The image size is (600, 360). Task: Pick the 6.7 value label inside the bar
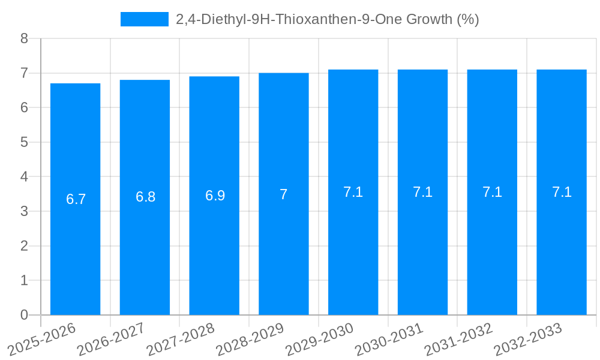coord(76,199)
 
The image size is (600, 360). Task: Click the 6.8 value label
coord(145,197)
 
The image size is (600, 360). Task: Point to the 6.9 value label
coord(215,195)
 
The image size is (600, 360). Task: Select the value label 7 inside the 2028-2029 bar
coord(284,194)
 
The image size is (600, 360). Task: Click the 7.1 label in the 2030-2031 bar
coord(422,192)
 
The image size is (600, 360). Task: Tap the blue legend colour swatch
coord(144,19)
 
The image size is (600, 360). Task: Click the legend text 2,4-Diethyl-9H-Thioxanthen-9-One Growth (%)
coord(327,19)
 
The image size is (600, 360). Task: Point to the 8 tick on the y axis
coord(24,38)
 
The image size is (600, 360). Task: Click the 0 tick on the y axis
coord(24,315)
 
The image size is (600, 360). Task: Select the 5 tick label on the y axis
coord(24,142)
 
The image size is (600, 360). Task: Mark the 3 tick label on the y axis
coord(24,211)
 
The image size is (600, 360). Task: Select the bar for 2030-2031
coord(422,252)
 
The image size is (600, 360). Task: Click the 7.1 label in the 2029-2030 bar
coord(353,192)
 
